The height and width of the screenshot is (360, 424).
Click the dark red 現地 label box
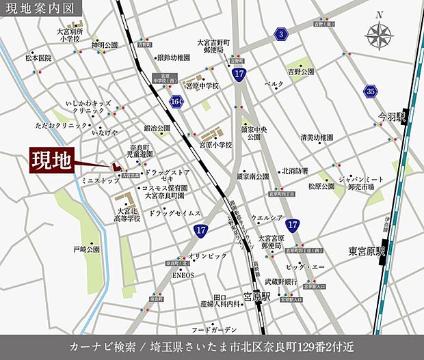pyautogui.click(x=51, y=161)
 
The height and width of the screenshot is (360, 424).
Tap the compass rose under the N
pyautogui.click(x=379, y=33)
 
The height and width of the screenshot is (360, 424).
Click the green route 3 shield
pyautogui.click(x=280, y=33)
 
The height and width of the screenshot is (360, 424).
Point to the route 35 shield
pyautogui.click(x=371, y=90)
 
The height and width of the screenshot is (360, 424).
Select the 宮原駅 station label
pyautogui.click(x=259, y=297)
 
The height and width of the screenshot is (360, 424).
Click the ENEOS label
pyautogui.click(x=183, y=275)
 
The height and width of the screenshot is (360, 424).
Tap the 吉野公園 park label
pyautogui.click(x=300, y=71)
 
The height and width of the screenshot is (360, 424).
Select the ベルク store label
pyautogui.click(x=274, y=83)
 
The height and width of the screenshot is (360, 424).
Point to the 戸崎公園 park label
pyautogui.click(x=87, y=250)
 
